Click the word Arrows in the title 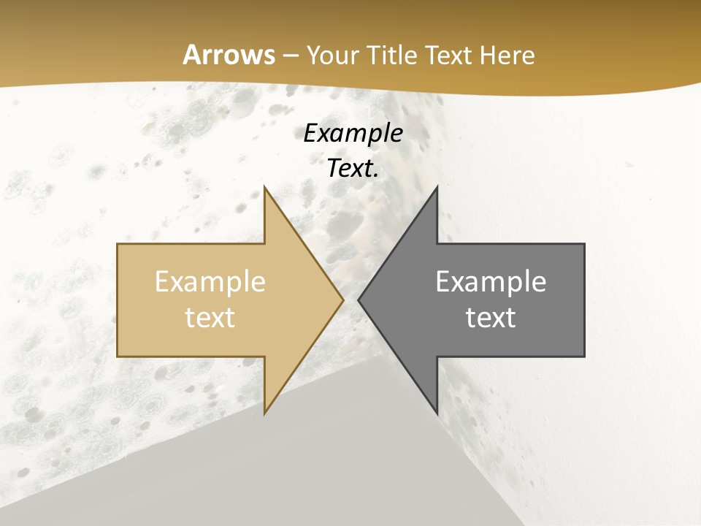pyautogui.click(x=229, y=55)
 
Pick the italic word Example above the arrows pyautogui.click(x=353, y=133)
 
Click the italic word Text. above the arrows pyautogui.click(x=353, y=168)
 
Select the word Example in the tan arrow pyautogui.click(x=210, y=281)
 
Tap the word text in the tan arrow pyautogui.click(x=210, y=317)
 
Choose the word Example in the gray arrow pyautogui.click(x=491, y=281)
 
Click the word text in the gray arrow pyautogui.click(x=491, y=317)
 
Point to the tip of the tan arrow pyautogui.click(x=343, y=300)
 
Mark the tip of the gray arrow pyautogui.click(x=358, y=300)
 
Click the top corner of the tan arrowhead pyautogui.click(x=264, y=186)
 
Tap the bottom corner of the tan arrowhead pyautogui.click(x=264, y=413)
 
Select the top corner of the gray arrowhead pyautogui.click(x=437, y=186)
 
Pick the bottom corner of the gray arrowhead pyautogui.click(x=437, y=413)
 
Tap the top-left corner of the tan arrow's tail pyautogui.click(x=118, y=244)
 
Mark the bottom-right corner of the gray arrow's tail pyautogui.click(x=584, y=357)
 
